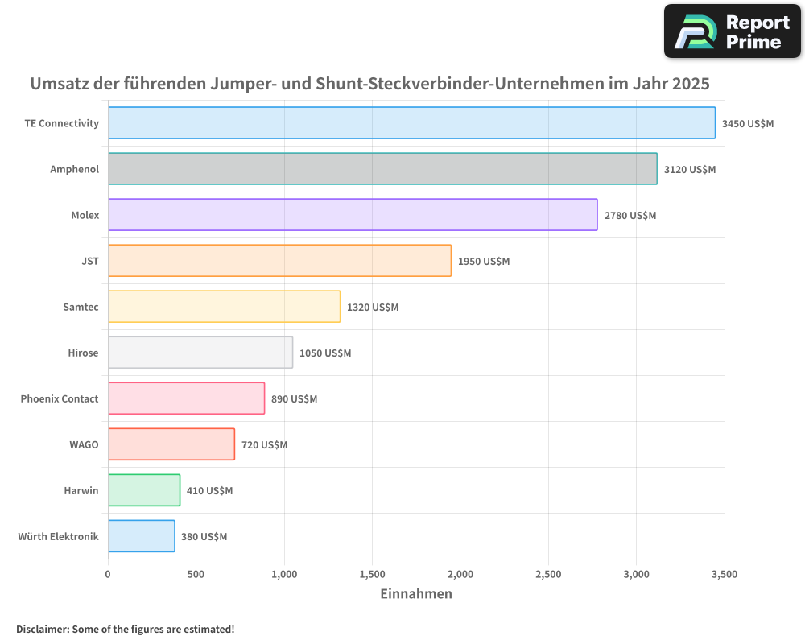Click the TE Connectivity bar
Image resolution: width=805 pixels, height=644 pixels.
pos(411,123)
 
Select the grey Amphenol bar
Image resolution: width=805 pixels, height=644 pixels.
pos(382,169)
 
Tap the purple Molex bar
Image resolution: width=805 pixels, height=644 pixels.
pos(353,215)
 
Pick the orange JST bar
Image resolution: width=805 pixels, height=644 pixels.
pos(279,261)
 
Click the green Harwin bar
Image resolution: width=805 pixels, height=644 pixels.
pos(144,490)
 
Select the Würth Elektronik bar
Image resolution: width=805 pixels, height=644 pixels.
pos(142,536)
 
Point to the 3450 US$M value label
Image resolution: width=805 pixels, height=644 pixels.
pos(748,124)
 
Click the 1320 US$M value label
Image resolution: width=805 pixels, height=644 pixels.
pos(373,308)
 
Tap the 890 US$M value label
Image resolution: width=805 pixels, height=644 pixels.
pos(295,399)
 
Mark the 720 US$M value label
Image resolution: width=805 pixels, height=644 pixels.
pos(265,445)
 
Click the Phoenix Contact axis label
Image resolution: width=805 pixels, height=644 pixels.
pos(60,399)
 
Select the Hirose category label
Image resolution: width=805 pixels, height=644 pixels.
pos(84,353)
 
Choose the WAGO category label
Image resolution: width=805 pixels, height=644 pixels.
pos(85,445)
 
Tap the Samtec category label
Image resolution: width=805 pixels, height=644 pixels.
pos(80,308)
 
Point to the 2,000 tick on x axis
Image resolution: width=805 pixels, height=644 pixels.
pos(460,574)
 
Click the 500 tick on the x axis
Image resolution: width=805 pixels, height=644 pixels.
pos(196,574)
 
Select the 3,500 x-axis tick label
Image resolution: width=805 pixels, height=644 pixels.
pos(724,574)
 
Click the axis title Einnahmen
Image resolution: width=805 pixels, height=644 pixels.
pos(416,594)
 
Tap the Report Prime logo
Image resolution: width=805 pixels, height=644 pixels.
pos(732,31)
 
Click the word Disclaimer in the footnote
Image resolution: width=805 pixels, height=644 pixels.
pos(42,629)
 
